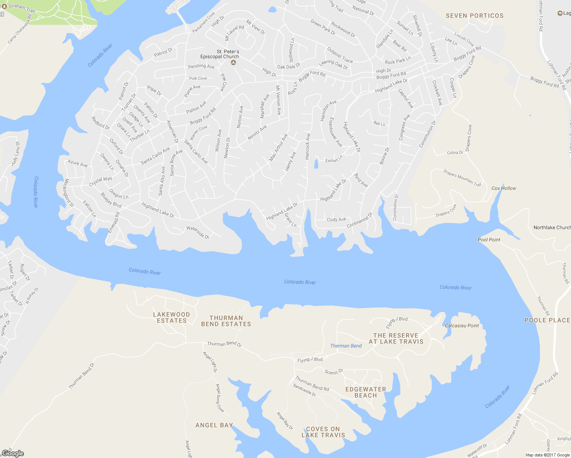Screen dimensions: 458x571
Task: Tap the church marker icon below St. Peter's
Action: pos(234,63)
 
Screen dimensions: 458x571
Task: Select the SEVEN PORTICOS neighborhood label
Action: pos(474,16)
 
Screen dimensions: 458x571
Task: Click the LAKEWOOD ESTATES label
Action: pos(171,318)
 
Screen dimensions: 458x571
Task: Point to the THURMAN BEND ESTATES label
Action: pos(226,321)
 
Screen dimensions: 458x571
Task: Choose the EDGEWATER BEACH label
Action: pos(366,392)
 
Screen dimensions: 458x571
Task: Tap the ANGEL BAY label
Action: pos(214,425)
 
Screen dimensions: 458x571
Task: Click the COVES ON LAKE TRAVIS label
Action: pos(323,432)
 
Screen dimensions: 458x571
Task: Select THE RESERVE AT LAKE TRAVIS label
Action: pos(396,339)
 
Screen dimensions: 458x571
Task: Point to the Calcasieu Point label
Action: pos(462,326)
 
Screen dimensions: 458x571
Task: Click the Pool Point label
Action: pos(489,240)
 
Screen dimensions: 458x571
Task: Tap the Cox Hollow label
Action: pos(503,188)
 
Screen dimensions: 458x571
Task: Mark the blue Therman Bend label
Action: pos(346,346)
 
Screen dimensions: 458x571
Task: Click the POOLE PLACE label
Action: pos(547,320)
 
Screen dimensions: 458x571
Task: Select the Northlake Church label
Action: pos(552,227)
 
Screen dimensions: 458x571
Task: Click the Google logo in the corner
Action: pos(13,453)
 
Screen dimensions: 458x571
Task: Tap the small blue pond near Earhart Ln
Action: pos(316,164)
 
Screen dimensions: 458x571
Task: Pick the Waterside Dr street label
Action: pos(198,232)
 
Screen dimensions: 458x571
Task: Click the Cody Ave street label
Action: pos(336,219)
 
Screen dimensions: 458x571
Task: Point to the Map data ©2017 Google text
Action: pos(547,455)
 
